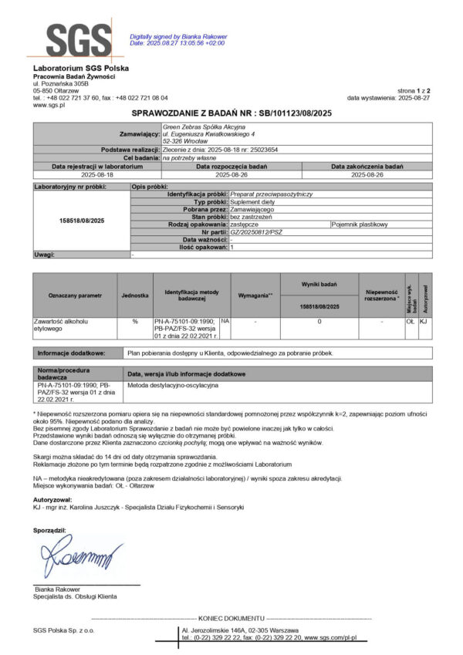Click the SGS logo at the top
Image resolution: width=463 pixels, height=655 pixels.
tap(77, 39)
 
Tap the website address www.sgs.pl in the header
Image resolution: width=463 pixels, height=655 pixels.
tap(48, 105)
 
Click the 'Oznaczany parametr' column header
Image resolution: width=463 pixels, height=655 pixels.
tap(75, 295)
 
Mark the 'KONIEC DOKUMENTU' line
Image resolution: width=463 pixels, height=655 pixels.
tap(231, 619)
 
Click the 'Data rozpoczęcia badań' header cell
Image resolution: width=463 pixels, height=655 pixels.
tap(231, 166)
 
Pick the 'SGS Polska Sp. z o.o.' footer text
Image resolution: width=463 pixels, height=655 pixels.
tap(63, 631)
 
